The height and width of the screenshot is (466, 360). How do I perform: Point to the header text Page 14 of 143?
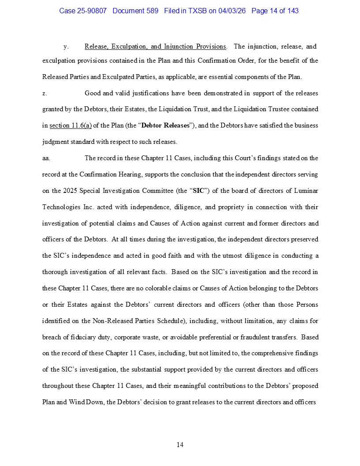275,11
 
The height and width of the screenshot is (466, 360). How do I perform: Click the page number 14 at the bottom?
180,445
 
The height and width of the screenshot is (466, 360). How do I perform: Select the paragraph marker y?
66,46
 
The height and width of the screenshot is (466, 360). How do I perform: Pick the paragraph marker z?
45,93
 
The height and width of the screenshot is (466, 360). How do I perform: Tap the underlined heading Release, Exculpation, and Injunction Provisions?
155,46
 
